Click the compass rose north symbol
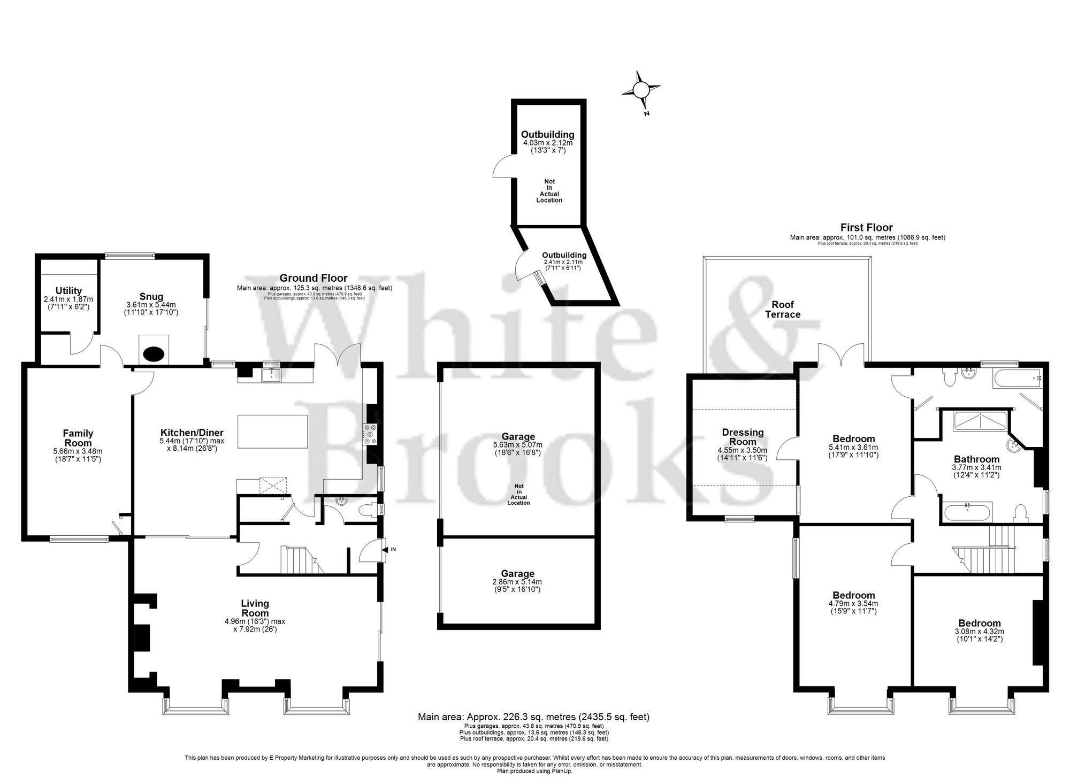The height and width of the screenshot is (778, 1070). pos(641,90)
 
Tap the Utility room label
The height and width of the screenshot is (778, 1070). pos(68,291)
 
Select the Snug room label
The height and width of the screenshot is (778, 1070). pos(151,297)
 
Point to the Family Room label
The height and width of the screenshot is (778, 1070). pos(78,438)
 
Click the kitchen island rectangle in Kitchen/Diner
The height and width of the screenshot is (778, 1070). pos(272,432)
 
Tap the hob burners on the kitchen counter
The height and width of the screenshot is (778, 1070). pos(370,434)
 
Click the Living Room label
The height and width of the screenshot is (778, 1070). pos(255,608)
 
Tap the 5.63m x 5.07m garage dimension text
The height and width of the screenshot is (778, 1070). pos(517,445)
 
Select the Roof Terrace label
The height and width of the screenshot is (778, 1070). pos(783,310)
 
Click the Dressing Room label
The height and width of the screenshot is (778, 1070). pos(743,437)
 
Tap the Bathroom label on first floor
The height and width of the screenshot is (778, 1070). pos(976,459)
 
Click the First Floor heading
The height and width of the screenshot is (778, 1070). pos(866,227)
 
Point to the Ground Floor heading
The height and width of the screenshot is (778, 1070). pos(314,278)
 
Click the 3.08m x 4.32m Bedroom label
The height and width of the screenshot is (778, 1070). pos(980,623)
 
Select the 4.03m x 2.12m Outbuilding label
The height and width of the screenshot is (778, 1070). pos(547,135)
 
